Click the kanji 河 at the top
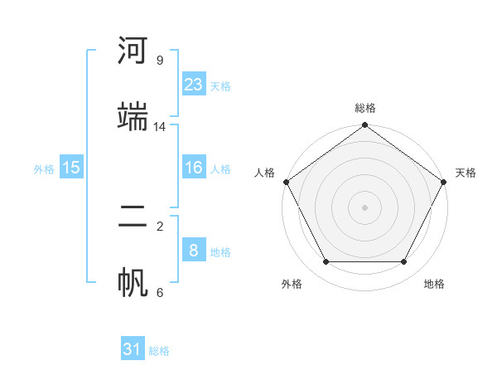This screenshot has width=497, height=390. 133,51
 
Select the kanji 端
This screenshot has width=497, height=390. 133,116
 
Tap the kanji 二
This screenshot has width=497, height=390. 133,217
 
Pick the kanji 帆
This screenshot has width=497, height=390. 133,282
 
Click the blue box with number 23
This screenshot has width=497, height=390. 193,85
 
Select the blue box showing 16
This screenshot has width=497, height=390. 193,168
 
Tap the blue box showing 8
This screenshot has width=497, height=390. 193,251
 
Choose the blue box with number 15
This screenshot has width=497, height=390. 71,168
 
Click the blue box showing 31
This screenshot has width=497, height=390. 133,349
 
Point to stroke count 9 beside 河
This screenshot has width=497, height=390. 160,61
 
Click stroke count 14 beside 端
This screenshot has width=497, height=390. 160,127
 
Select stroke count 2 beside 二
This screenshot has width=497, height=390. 160,226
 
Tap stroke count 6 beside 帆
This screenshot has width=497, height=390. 160,292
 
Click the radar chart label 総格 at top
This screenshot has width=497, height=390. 365,108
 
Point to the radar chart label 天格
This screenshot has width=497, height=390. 466,173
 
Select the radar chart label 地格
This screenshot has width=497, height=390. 434,284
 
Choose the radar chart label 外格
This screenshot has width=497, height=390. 292,284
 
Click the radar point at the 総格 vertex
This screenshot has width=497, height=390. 364,126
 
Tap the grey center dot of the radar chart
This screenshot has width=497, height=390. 364,207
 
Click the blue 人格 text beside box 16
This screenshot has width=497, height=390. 220,169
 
